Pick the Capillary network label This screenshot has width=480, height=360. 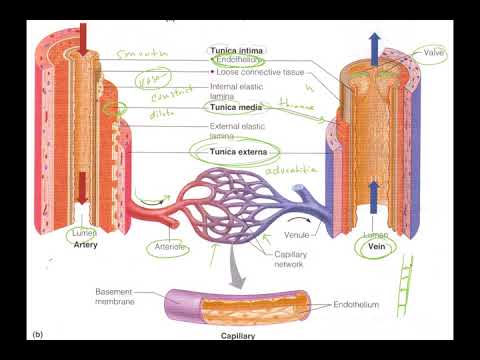(291, 260)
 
